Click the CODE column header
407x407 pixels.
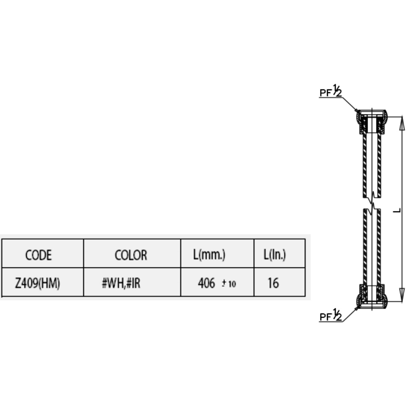pos(39,255)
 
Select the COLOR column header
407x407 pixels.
pos(131,255)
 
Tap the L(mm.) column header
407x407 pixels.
pos(209,255)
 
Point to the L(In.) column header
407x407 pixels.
pos(274,255)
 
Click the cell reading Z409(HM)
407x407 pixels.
pos(38,283)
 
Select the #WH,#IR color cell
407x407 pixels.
pos(121,283)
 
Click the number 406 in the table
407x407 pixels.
pos(206,283)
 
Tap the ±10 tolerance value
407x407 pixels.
pos(229,284)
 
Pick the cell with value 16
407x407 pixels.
pos(273,283)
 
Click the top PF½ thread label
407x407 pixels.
pos(330,91)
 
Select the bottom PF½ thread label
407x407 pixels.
pos(330,316)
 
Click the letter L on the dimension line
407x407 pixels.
pos(396,210)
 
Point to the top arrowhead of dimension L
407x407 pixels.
pos(401,123)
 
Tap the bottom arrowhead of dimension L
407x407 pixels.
pos(401,295)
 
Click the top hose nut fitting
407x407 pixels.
pos(372,122)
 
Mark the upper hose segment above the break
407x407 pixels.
pos(372,165)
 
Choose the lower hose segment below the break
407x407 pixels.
pos(372,246)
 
